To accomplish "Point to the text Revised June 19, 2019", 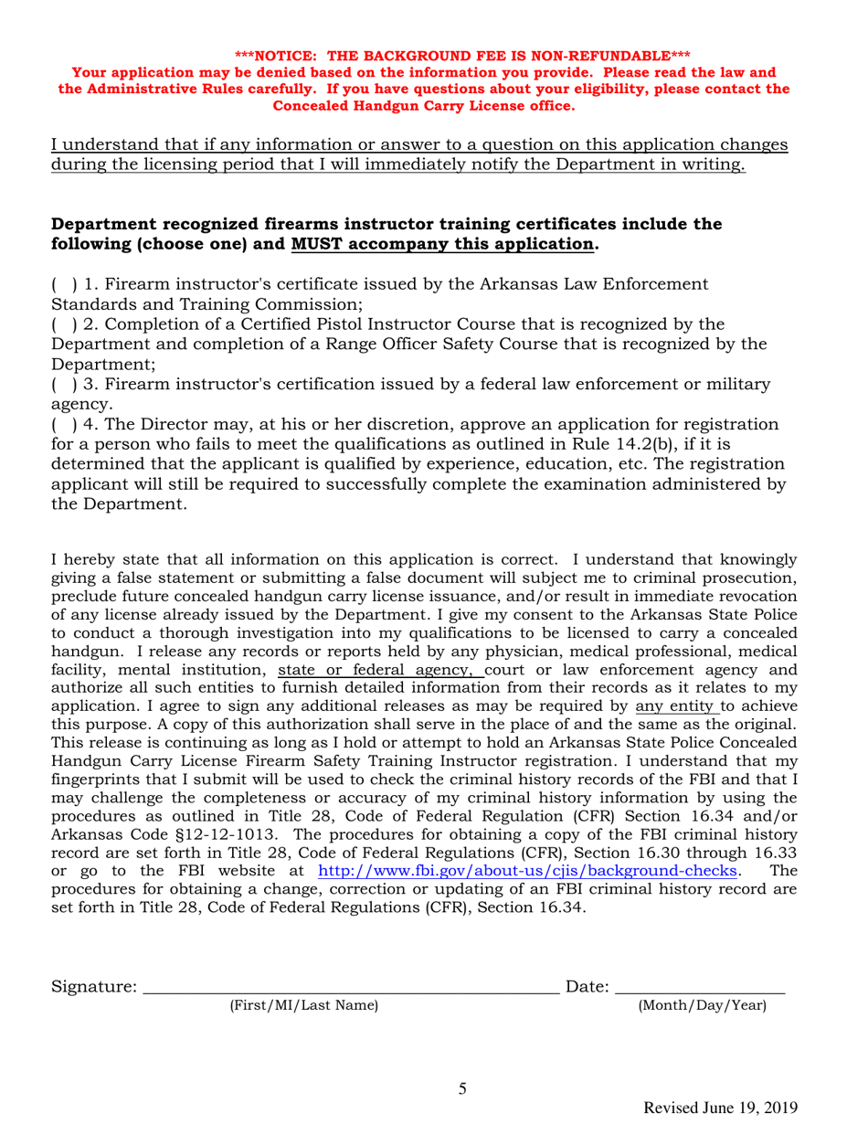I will [x=722, y=1108].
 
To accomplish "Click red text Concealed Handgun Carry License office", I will [x=424, y=106].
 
